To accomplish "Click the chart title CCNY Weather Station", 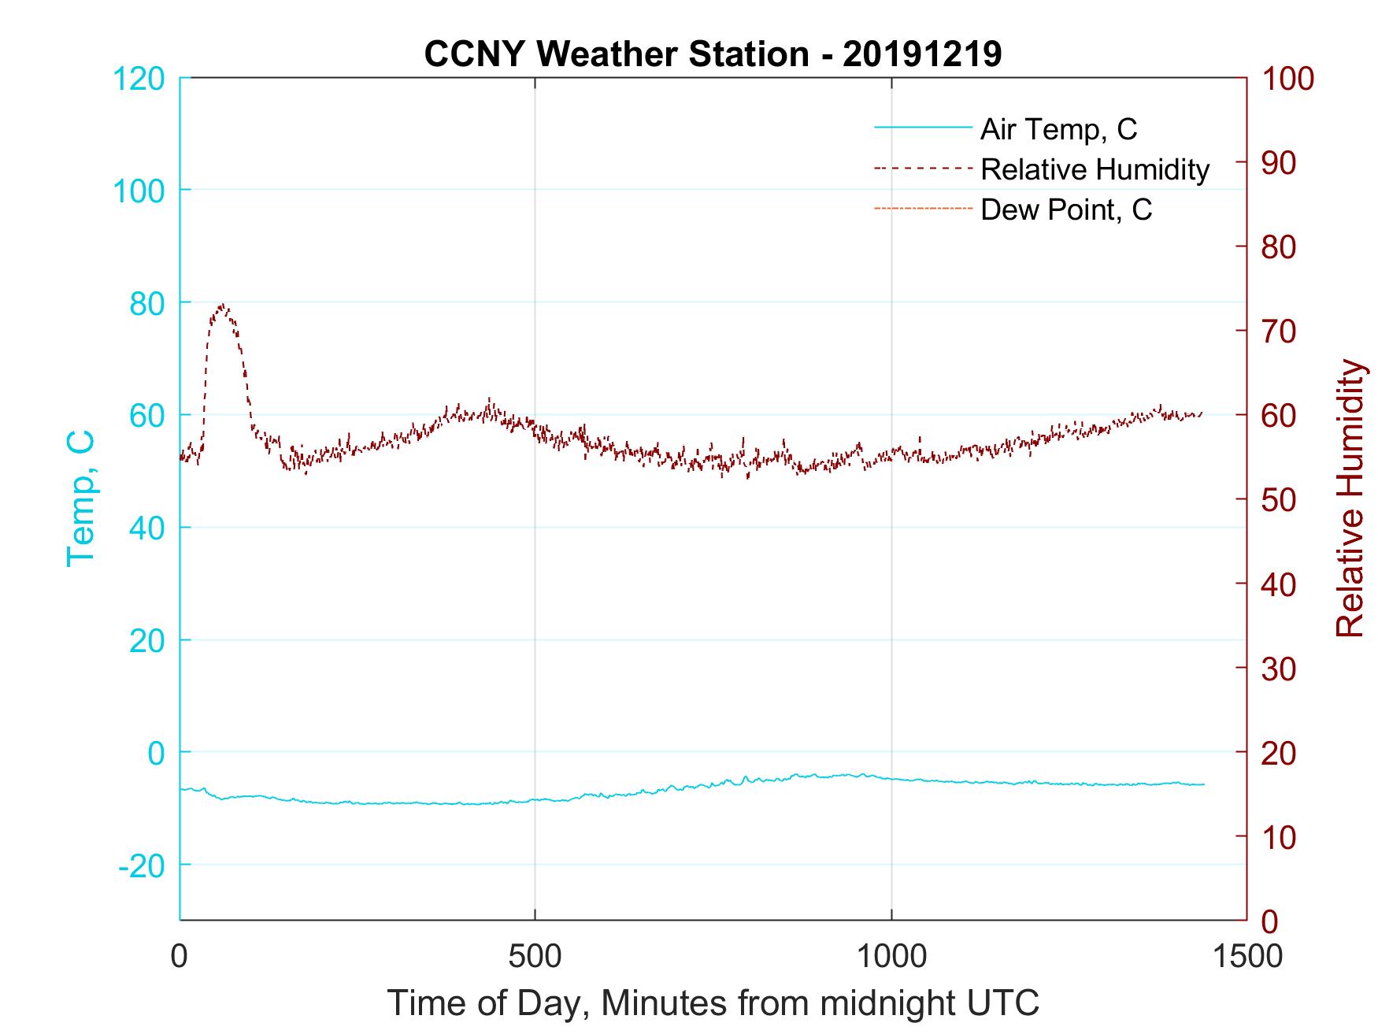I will coord(713,55).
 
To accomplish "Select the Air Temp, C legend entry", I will coord(1058,128).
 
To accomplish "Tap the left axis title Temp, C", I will coord(81,498).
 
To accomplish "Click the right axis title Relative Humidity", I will coord(1350,498).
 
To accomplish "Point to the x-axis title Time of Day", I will coord(713,1003).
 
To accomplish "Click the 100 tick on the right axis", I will coord(1288,79).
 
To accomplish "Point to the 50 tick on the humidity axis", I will coord(1280,500).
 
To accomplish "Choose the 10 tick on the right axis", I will coord(1280,837).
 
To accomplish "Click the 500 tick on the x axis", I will coord(535,956).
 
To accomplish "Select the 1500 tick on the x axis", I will coord(1246,956).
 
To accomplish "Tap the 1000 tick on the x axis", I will coord(891,956).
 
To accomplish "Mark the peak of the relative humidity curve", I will coord(222,306).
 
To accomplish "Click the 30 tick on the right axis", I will coord(1280,669).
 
